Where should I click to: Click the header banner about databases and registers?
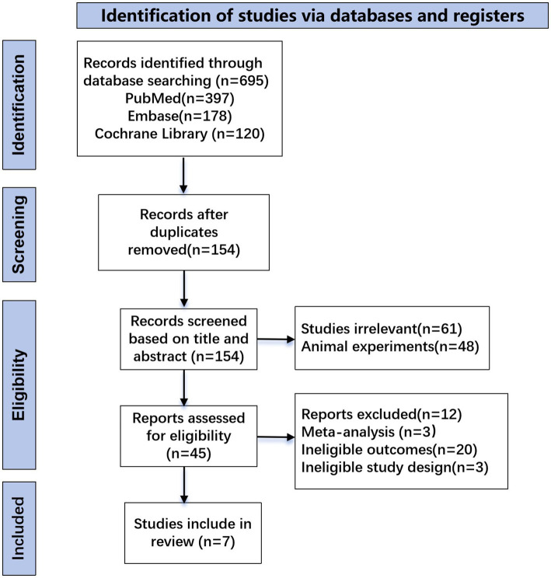312,16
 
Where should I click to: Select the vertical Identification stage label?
19,105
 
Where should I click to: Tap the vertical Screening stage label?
19,235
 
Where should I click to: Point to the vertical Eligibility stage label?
19,385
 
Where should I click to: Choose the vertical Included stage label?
19,528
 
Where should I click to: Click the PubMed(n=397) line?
180,99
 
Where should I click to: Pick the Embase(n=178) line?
180,116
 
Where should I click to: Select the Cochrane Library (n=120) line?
180,134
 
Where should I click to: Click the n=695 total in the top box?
242,81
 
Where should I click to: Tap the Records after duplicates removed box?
183,232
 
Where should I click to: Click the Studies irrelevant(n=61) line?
382,329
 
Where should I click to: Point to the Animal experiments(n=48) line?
390,346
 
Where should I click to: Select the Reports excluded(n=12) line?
382,414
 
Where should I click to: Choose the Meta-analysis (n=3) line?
368,432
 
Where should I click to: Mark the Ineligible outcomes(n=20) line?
389,450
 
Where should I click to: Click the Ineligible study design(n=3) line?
395,468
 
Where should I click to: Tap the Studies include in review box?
193,533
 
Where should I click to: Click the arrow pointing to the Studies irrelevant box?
276,339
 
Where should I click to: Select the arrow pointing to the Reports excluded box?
276,437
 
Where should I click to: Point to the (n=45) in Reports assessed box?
189,454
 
